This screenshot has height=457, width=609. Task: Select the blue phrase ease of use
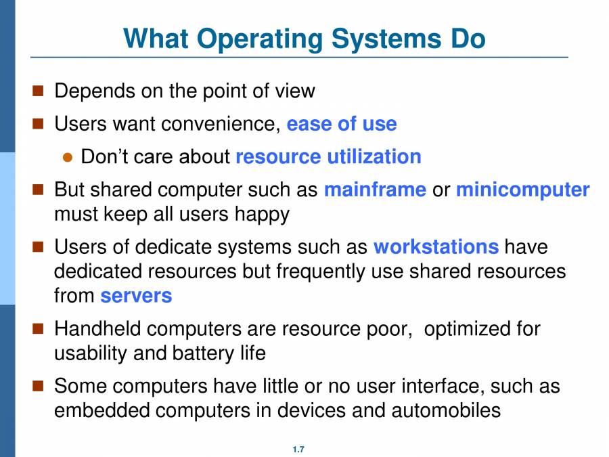(342, 125)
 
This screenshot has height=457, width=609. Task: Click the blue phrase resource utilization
(328, 157)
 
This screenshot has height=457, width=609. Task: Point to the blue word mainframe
(375, 190)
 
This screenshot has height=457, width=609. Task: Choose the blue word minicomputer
(522, 190)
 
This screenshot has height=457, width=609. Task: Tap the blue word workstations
(436, 246)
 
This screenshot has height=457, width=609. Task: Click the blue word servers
(136, 296)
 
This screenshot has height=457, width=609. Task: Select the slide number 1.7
(298, 450)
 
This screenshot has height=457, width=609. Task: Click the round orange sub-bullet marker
(67, 158)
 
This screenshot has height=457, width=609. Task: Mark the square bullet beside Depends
(39, 90)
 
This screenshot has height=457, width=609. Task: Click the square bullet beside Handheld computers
(39, 329)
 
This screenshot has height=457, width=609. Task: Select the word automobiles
(446, 410)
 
